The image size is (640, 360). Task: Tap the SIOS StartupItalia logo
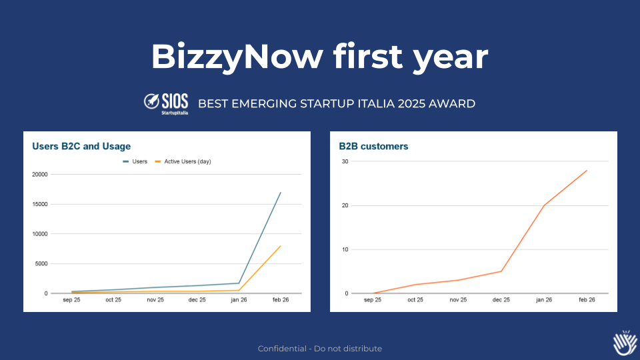click(x=166, y=104)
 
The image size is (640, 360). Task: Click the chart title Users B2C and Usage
click(x=81, y=146)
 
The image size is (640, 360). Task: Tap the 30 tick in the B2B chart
click(x=345, y=161)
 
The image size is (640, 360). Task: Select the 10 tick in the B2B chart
click(x=345, y=249)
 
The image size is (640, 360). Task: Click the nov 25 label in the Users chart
click(x=156, y=300)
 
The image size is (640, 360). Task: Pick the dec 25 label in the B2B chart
click(x=501, y=300)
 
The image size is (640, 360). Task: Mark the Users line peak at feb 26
click(x=281, y=193)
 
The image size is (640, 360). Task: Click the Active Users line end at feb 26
click(x=281, y=246)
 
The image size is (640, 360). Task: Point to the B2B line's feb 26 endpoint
click(x=587, y=171)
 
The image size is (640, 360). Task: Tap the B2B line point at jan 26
click(x=544, y=205)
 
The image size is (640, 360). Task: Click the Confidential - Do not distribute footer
click(x=320, y=349)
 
